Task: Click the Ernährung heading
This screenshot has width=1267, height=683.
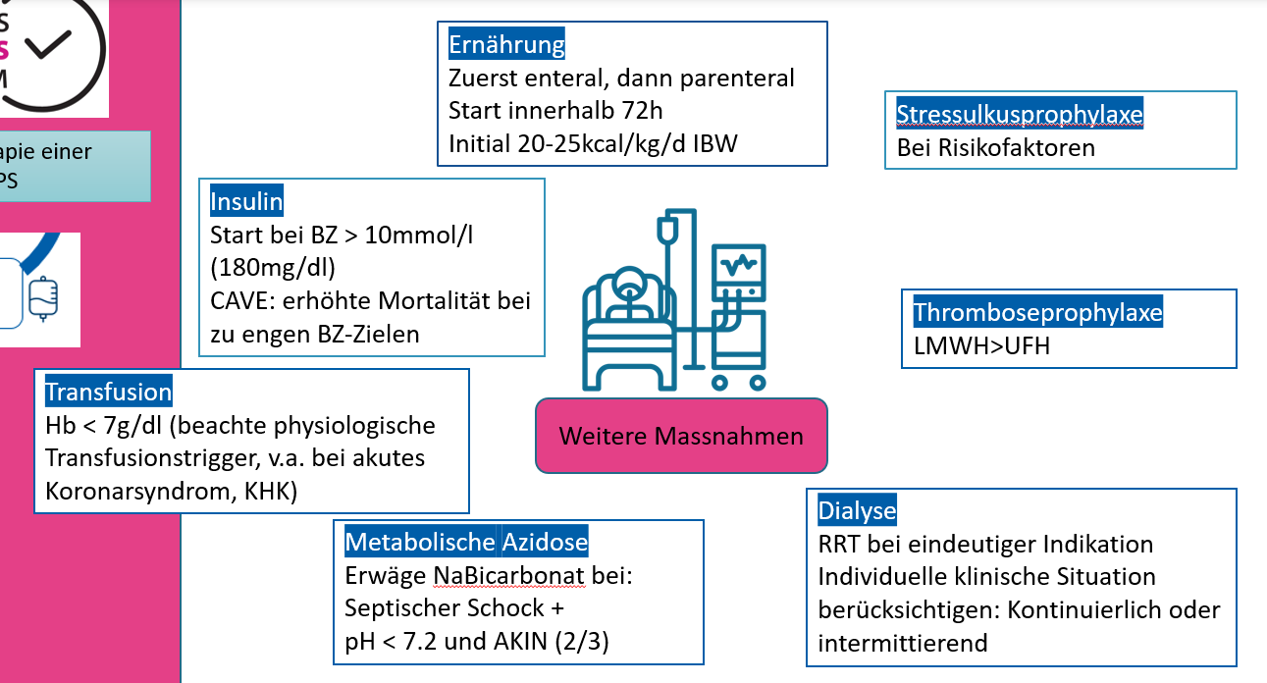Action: point(506,45)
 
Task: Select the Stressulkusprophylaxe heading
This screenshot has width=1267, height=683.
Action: point(1020,115)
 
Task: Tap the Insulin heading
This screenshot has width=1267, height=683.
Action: point(246,202)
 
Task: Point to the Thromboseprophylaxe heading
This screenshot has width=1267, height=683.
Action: point(1037,313)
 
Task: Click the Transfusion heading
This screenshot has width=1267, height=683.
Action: point(108,393)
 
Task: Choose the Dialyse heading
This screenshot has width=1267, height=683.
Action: point(857,511)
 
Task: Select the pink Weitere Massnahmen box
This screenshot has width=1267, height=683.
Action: point(681,436)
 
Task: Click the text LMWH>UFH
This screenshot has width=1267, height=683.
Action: point(981,345)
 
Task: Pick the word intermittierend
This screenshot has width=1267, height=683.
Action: point(903,643)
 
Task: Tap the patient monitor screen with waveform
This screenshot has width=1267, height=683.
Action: point(737,265)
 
